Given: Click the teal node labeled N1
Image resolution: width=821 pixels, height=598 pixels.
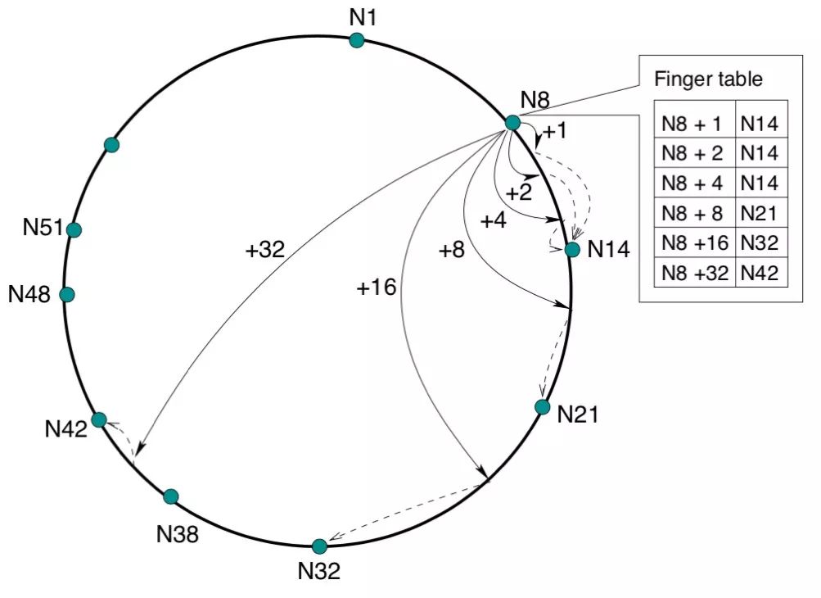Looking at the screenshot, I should point(357,40).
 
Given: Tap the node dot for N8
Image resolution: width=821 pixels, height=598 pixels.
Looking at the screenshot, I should point(512,122).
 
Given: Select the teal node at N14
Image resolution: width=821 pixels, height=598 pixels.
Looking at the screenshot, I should point(572,249).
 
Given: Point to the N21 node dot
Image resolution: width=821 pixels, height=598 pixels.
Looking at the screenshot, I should point(542,406).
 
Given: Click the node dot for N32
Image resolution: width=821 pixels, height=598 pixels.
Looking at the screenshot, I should point(319,546).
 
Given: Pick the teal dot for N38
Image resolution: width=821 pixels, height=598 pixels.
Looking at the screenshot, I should point(170,496).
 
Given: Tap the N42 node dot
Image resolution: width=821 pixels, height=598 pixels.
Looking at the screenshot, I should point(99,419).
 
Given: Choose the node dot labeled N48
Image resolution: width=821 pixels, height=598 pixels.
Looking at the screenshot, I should point(67,294).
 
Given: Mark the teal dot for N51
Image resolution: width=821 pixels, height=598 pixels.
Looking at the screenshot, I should point(74,230).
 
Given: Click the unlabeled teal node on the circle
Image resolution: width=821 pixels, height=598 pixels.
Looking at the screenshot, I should point(112,145).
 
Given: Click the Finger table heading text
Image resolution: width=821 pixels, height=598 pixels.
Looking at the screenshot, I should point(709,80).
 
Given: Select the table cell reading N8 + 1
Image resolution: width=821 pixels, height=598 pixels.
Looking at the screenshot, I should point(694,124).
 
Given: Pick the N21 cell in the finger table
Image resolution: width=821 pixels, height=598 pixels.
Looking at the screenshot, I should point(761,213).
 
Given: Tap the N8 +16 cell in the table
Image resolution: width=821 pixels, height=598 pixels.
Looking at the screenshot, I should point(694,243).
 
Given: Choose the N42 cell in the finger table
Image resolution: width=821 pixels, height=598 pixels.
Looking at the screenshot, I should point(761,273).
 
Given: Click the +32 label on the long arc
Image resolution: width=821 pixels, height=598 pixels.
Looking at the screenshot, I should point(264,250).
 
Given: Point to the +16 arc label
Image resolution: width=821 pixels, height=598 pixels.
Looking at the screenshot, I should point(377,287).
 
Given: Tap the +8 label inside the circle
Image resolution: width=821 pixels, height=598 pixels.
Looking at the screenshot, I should point(451,250).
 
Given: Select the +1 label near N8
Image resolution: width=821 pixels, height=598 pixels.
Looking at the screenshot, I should point(554,131).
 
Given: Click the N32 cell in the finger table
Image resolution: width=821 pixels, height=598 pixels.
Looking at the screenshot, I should point(761,243).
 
